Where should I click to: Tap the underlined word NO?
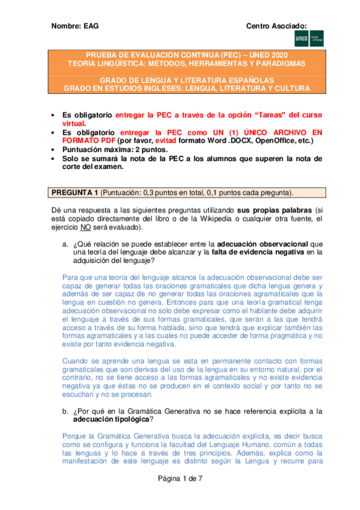click(85, 228)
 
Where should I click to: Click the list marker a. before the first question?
click(65, 244)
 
